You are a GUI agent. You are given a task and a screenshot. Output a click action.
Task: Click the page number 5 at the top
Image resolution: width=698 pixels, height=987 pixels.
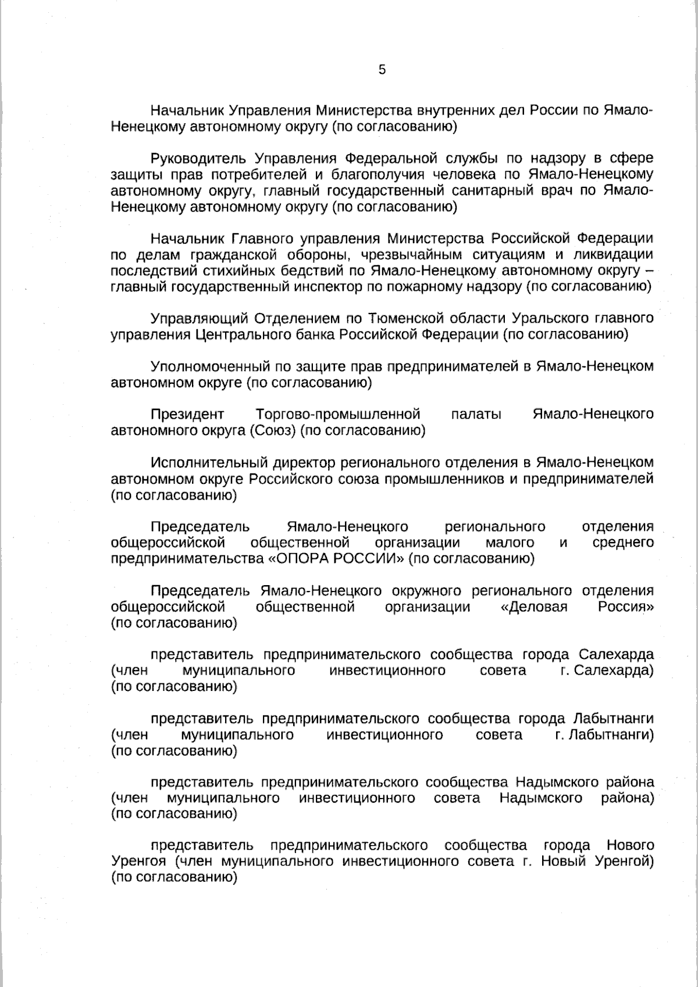point(382,70)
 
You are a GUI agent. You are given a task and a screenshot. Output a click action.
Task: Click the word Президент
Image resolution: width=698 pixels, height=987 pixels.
point(187,414)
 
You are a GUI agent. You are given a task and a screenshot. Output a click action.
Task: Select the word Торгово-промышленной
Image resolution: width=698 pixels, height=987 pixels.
point(337,414)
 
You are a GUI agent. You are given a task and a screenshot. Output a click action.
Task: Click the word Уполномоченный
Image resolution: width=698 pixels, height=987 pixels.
point(208,366)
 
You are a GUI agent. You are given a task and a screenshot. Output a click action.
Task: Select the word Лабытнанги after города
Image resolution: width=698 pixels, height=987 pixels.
point(612,719)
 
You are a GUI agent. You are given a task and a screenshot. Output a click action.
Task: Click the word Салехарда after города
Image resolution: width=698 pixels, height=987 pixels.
point(616,654)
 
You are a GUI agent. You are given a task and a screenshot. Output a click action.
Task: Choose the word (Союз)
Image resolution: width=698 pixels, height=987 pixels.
point(273,430)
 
